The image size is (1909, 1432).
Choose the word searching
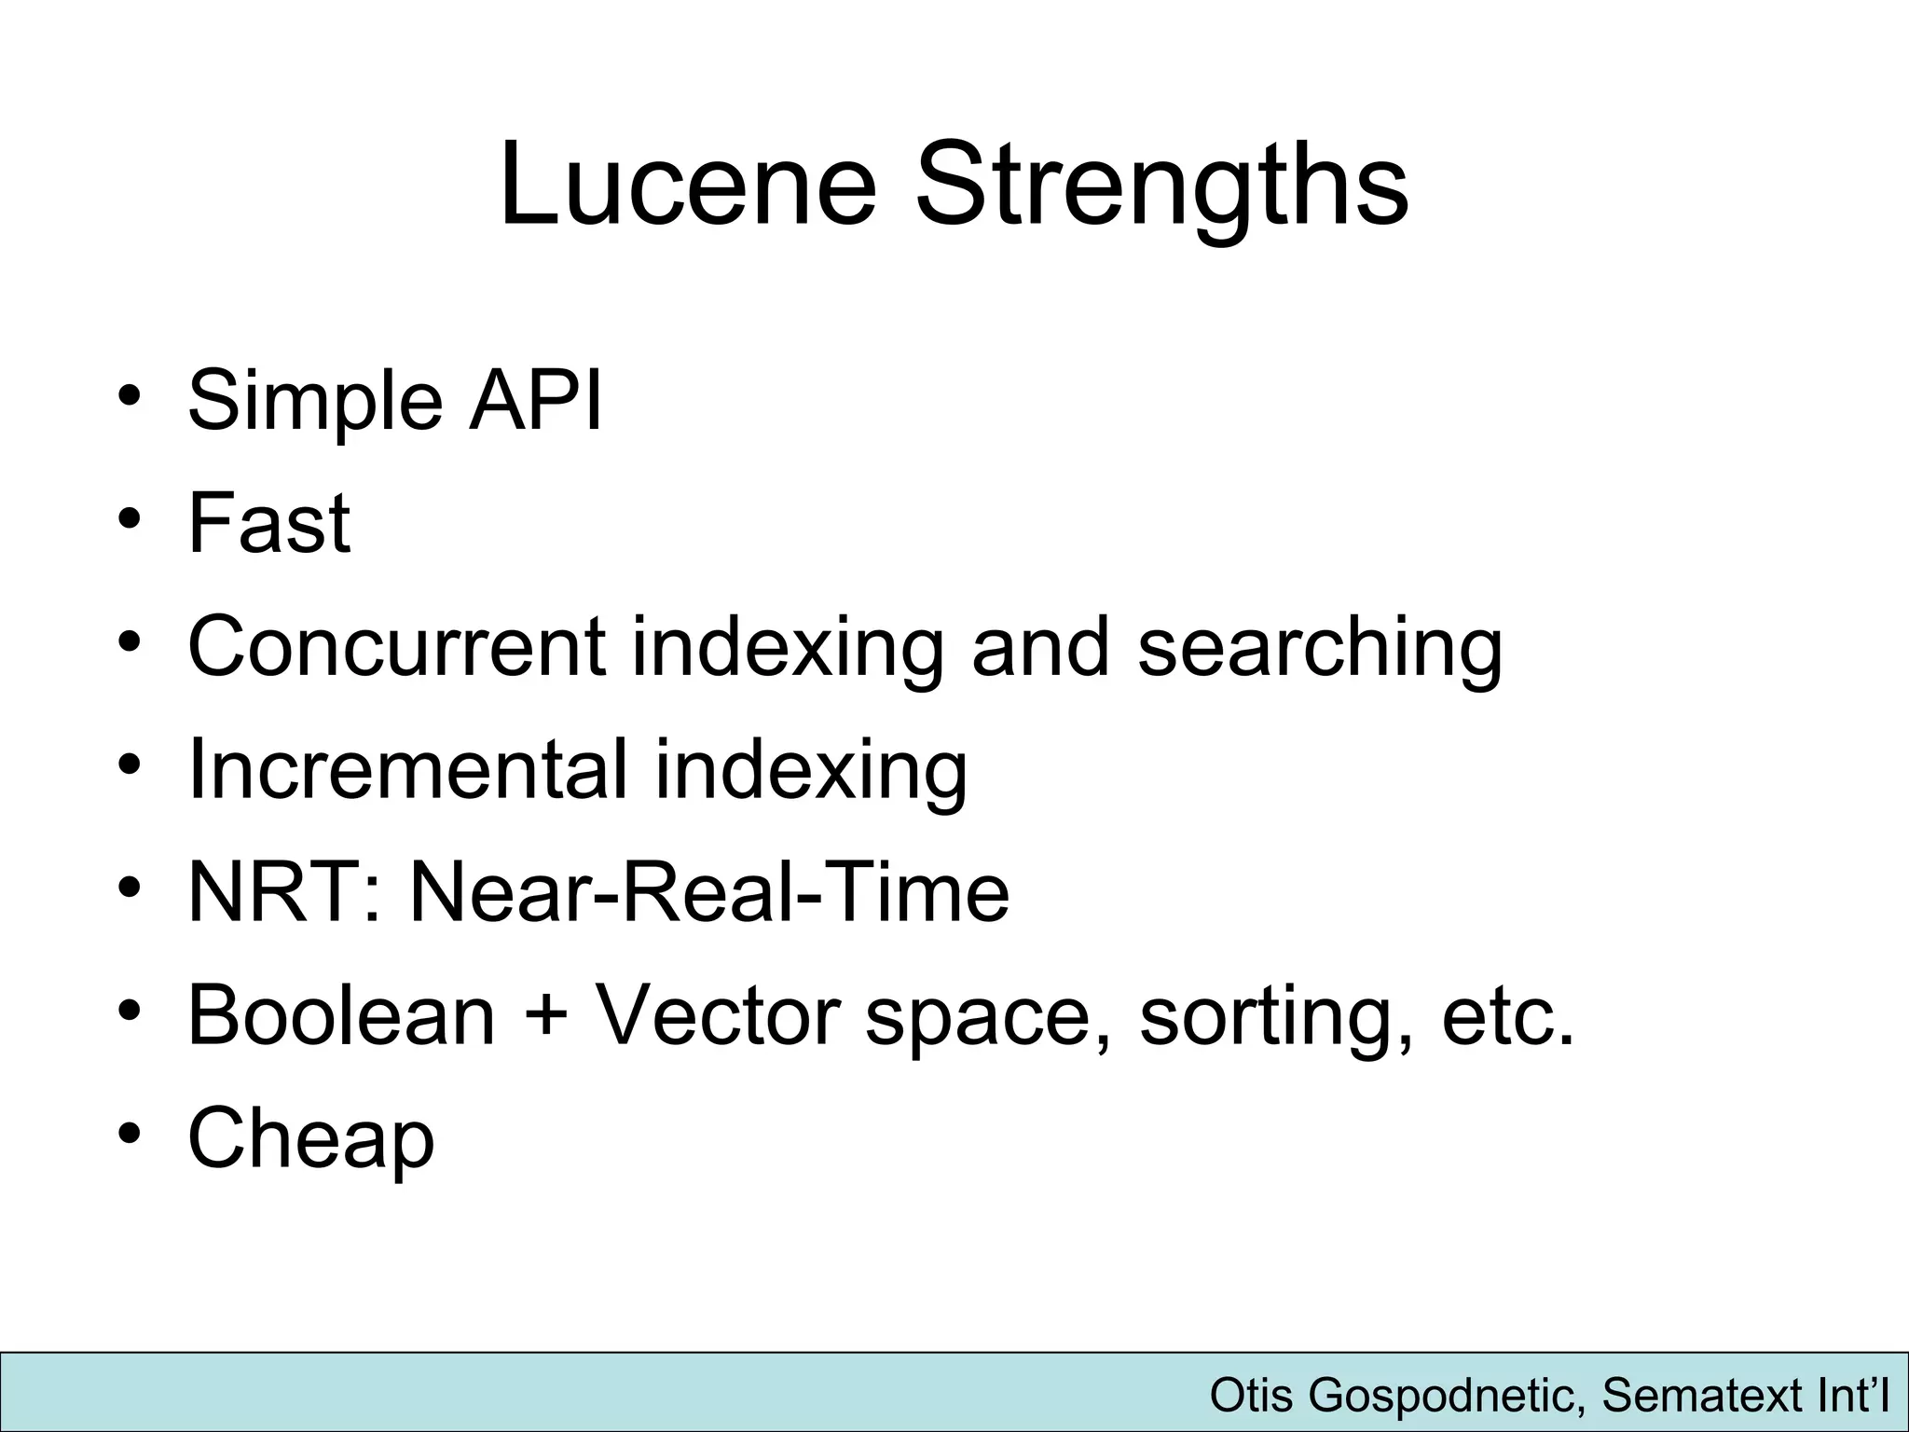[x=1320, y=650]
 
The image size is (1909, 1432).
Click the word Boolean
[x=341, y=1015]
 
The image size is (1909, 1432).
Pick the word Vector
[x=718, y=1015]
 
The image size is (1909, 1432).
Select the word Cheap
[x=311, y=1139]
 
